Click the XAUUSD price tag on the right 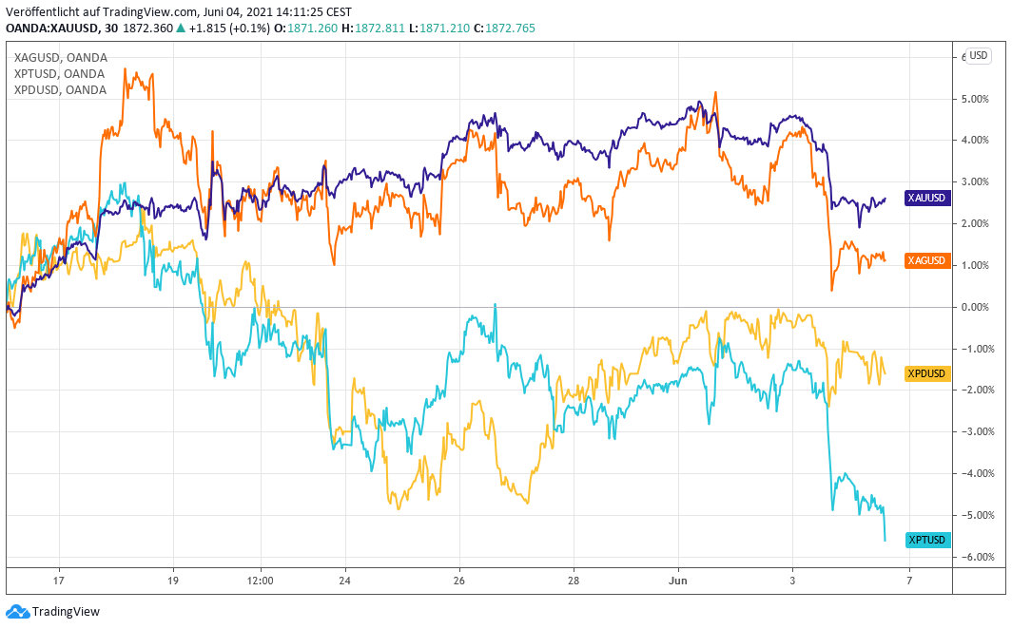[x=926, y=199]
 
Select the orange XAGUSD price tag [x=926, y=261]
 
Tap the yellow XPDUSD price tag [x=926, y=372]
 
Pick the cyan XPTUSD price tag [x=926, y=540]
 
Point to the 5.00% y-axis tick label [x=978, y=99]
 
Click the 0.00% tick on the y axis [x=978, y=307]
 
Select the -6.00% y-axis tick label [x=978, y=557]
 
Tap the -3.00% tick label [x=978, y=432]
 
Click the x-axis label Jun [x=678, y=580]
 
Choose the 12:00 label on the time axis [x=260, y=580]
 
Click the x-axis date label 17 [x=58, y=580]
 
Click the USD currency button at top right [x=979, y=56]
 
